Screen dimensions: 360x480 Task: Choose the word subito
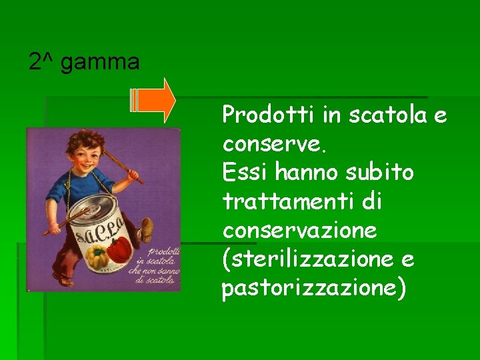point(381,173)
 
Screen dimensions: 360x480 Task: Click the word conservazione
point(299,231)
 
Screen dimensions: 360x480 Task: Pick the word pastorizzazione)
point(313,289)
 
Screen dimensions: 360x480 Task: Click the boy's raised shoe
point(145,230)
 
